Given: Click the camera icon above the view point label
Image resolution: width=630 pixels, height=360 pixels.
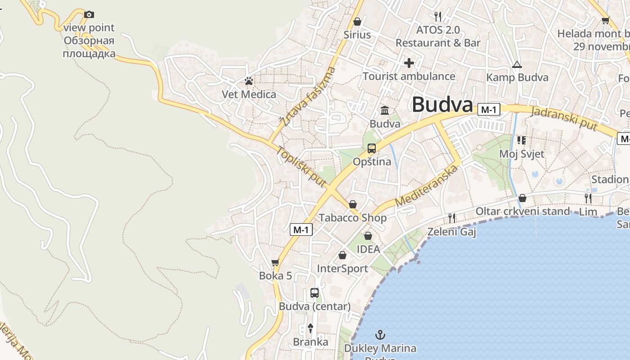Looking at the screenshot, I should pyautogui.click(x=89, y=14).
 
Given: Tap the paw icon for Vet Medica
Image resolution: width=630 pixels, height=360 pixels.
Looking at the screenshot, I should pyautogui.click(x=249, y=81).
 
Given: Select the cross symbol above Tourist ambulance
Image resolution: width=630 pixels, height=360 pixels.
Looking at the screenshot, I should pyautogui.click(x=409, y=63).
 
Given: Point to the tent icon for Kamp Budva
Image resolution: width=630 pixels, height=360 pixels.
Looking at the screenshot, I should pyautogui.click(x=517, y=64).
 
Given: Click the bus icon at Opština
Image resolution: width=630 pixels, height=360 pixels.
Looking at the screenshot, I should pyautogui.click(x=372, y=148).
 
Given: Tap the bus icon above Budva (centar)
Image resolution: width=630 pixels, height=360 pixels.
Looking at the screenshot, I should pyautogui.click(x=315, y=293).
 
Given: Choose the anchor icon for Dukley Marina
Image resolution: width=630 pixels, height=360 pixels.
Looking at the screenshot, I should pyautogui.click(x=380, y=334).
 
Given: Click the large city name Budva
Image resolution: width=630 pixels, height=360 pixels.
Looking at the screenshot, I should pyautogui.click(x=442, y=105).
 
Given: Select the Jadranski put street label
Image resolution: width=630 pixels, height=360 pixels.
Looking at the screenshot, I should pyautogui.click(x=565, y=118).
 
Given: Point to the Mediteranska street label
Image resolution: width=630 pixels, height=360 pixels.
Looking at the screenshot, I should pyautogui.click(x=427, y=186).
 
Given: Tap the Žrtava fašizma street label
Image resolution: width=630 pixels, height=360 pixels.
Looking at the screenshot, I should pyautogui.click(x=308, y=96).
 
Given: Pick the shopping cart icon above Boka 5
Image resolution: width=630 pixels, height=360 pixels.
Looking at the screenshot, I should pyautogui.click(x=275, y=262).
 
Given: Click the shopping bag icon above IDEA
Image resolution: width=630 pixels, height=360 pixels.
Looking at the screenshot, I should pyautogui.click(x=368, y=236).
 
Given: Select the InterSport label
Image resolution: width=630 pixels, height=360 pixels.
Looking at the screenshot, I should pyautogui.click(x=342, y=269).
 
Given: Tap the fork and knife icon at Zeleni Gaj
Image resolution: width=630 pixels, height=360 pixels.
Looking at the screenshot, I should pyautogui.click(x=452, y=218).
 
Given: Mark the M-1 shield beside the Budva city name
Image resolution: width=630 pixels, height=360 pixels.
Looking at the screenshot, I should pyautogui.click(x=489, y=109).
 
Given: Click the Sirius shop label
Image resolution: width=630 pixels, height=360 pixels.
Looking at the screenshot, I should pyautogui.click(x=357, y=35).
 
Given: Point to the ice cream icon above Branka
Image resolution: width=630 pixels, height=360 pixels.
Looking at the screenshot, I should pyautogui.click(x=310, y=328).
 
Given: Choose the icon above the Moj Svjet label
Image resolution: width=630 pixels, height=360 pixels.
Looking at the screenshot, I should pyautogui.click(x=522, y=140).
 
